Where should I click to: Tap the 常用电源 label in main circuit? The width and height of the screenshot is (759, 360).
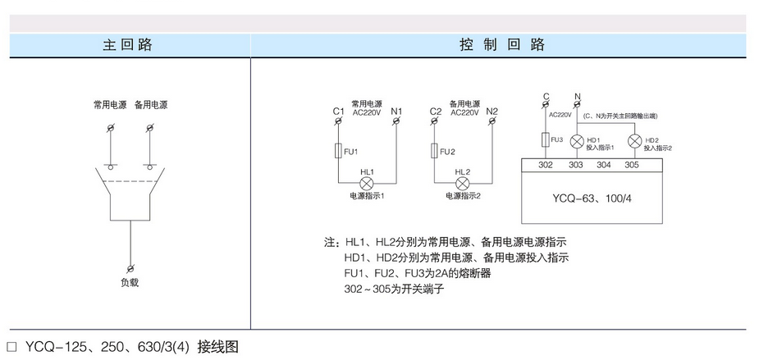pos(109,105)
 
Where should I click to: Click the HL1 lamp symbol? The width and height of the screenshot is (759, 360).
pos(367,182)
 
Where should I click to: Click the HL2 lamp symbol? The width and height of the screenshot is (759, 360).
pos(462,182)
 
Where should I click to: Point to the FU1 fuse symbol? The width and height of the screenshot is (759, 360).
pos(339,151)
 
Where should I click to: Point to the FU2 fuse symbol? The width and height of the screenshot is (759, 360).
pos(434,151)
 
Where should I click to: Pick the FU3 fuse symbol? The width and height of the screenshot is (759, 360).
pos(546,141)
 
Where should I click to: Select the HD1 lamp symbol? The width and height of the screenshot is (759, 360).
pos(576,141)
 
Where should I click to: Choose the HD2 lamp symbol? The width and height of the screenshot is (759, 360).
pos(633,141)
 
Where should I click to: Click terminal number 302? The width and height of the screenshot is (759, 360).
pos(546,165)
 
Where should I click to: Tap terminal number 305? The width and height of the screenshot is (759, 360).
pos(632,165)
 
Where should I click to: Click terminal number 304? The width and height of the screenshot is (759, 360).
pos(603,165)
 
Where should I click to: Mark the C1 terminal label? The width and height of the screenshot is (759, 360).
pos(338,111)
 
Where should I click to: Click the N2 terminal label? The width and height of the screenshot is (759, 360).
pos(492,111)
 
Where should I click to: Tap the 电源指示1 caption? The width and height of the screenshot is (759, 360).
pos(367,197)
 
